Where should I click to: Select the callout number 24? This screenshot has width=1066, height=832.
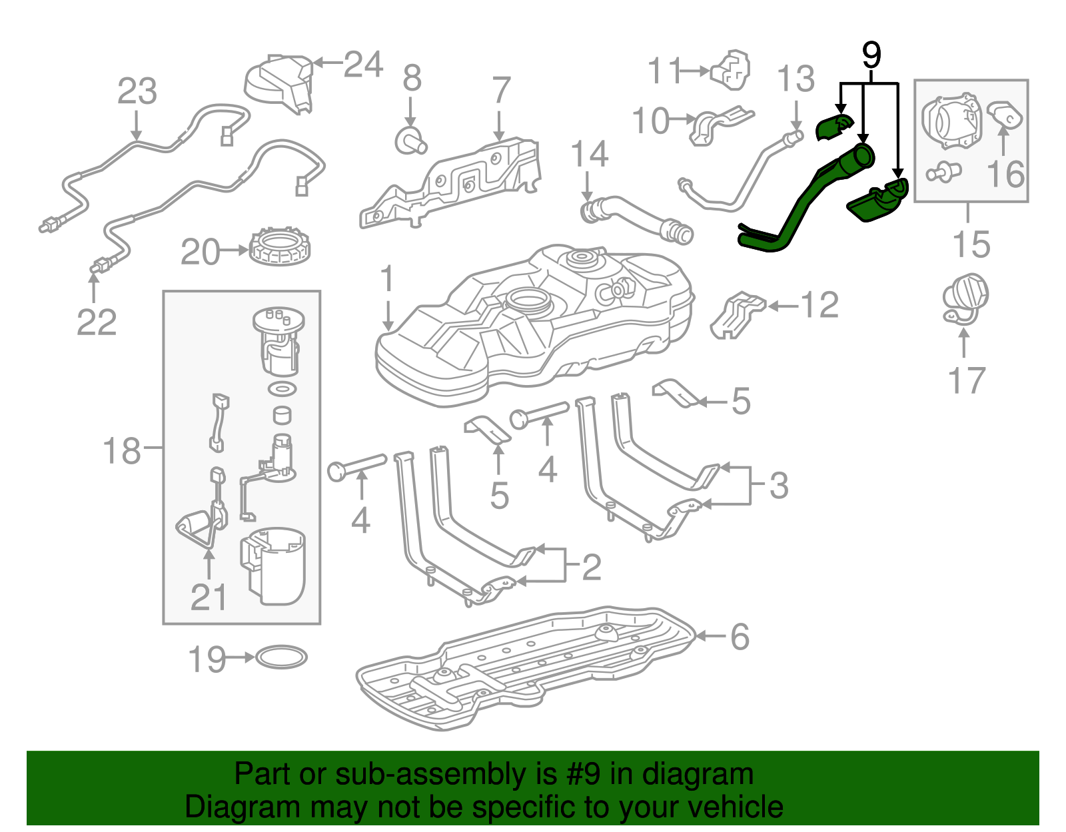pyautogui.click(x=364, y=65)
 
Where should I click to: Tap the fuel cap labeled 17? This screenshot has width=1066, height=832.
pyautogui.click(x=965, y=298)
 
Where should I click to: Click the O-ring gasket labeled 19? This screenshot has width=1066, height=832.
pyautogui.click(x=281, y=657)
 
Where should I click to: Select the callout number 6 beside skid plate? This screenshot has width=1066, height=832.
pyautogui.click(x=740, y=637)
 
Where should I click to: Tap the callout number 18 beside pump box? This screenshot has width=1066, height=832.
pyautogui.click(x=122, y=450)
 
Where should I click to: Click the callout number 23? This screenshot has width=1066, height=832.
pyautogui.click(x=137, y=91)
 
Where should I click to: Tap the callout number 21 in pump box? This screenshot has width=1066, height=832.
pyautogui.click(x=209, y=598)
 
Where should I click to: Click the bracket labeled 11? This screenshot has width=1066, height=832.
pyautogui.click(x=732, y=70)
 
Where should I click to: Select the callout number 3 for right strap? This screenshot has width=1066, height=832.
pyautogui.click(x=778, y=485)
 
